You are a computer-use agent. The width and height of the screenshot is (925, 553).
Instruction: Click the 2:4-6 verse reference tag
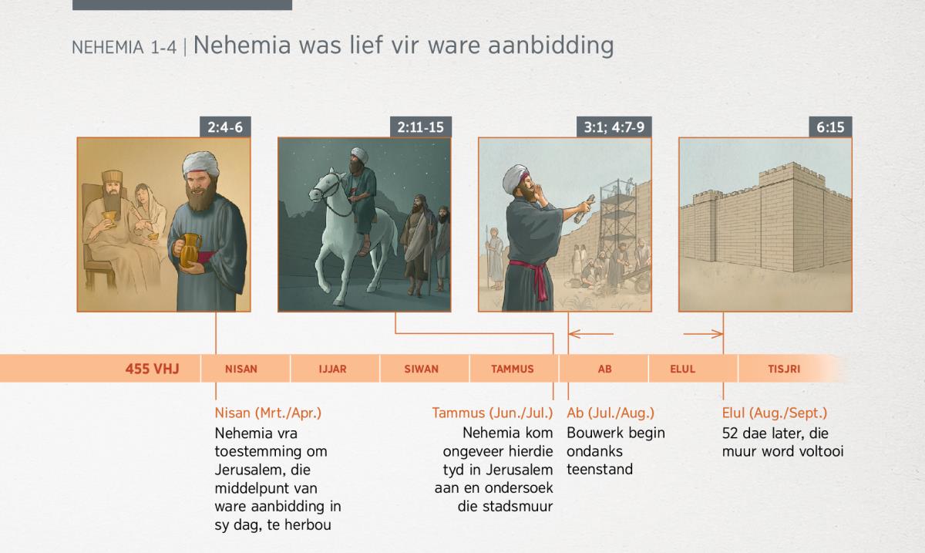[x=225, y=127]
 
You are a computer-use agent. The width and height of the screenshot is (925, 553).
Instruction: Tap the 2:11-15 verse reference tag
[x=420, y=127]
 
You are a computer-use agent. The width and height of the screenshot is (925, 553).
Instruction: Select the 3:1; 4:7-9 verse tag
[x=614, y=127]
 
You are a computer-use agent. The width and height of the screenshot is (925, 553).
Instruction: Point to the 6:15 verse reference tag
[x=830, y=127]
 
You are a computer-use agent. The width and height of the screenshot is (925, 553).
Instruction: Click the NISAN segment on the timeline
[x=241, y=369]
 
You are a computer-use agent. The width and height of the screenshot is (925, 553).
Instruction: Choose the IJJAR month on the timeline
[x=333, y=369]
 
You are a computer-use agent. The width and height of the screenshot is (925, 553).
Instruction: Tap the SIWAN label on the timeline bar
[x=421, y=369]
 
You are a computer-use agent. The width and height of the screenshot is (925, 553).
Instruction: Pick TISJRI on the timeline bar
[x=784, y=369]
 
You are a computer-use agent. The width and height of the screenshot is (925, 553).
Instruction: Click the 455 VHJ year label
[x=153, y=369]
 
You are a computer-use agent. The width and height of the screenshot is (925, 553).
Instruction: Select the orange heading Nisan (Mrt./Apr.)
[x=268, y=413]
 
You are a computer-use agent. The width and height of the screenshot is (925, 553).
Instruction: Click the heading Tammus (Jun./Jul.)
[x=493, y=413]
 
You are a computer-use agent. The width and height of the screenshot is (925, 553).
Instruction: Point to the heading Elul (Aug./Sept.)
[x=775, y=413]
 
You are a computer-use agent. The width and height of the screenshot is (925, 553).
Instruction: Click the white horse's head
[x=325, y=187]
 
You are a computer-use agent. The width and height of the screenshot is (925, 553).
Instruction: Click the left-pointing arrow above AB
[x=591, y=333]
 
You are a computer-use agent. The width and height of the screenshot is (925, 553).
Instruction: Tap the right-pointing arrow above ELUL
[x=703, y=333]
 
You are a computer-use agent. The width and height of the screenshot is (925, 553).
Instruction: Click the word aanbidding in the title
[x=551, y=46]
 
